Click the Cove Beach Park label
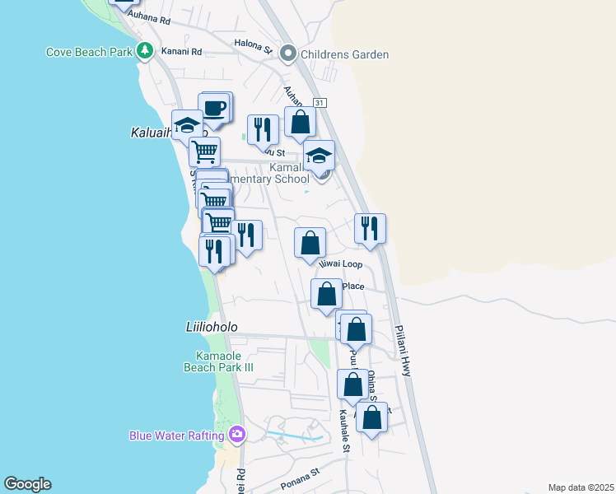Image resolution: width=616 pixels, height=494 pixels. pyautogui.click(x=89, y=52)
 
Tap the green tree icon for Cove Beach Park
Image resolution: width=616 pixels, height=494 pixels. pyautogui.click(x=145, y=51)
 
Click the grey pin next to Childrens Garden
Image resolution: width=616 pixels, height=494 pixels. pyautogui.click(x=288, y=54)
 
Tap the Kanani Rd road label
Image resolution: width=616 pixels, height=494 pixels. pyautogui.click(x=182, y=51)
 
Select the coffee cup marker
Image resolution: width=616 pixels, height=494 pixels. pyautogui.click(x=215, y=109)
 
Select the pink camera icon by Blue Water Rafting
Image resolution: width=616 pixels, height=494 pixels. pyautogui.click(x=237, y=433)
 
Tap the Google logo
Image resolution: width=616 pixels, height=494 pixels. pyautogui.click(x=27, y=484)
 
